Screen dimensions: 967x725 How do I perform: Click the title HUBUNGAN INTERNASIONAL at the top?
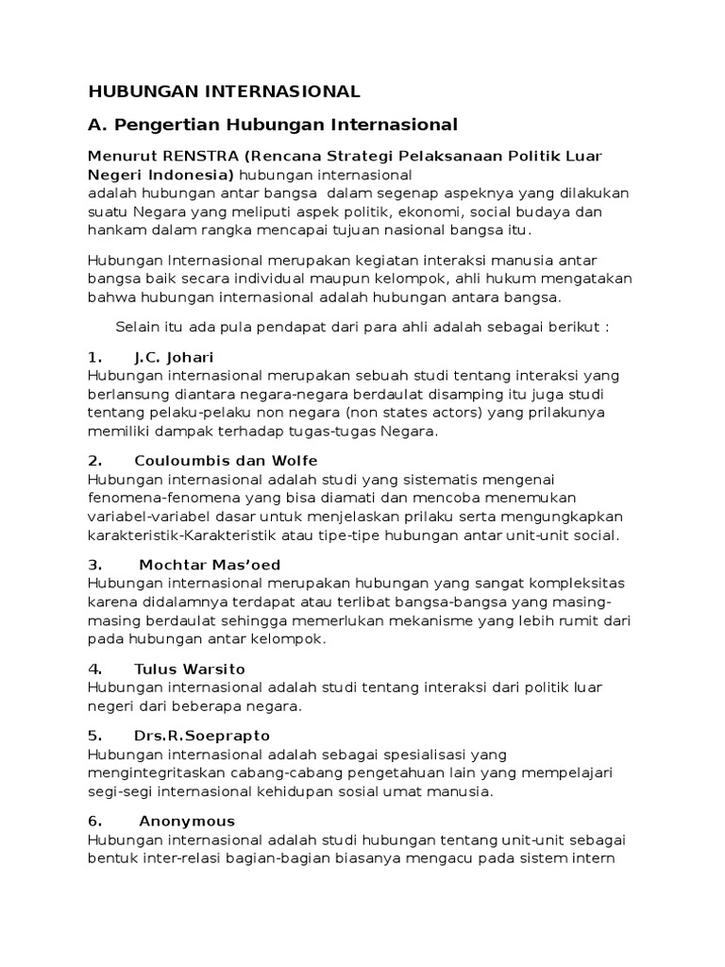tap(224, 92)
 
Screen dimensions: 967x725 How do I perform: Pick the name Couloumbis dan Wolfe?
tap(227, 461)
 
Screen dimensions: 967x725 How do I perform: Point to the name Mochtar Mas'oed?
tap(210, 565)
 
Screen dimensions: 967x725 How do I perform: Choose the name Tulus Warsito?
tap(190, 669)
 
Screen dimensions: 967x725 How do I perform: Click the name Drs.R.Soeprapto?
tap(201, 735)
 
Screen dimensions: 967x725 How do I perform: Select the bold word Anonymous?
tap(187, 821)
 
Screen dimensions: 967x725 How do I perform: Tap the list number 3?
tap(94, 565)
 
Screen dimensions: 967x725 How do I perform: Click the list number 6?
tap(94, 821)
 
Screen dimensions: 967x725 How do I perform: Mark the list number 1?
tap(94, 357)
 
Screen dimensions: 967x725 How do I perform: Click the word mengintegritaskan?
tap(154, 772)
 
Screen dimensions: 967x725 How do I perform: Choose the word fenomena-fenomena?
tap(154, 498)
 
